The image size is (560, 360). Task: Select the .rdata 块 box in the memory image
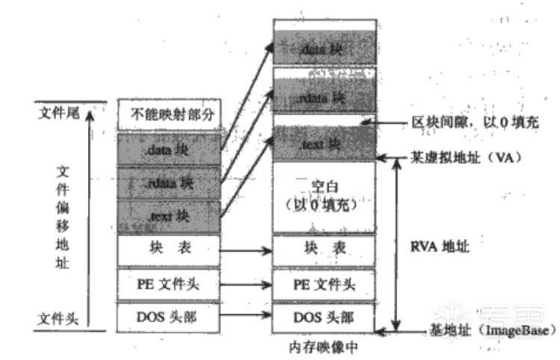(x=323, y=96)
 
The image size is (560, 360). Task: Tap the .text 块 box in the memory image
(x=323, y=143)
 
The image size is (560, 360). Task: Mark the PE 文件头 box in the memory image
(x=323, y=284)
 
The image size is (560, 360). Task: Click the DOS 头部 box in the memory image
(x=323, y=317)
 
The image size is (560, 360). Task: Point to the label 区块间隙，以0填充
(x=475, y=121)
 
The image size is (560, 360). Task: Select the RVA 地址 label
(x=441, y=244)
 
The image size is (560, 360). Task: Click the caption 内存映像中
(x=323, y=347)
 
